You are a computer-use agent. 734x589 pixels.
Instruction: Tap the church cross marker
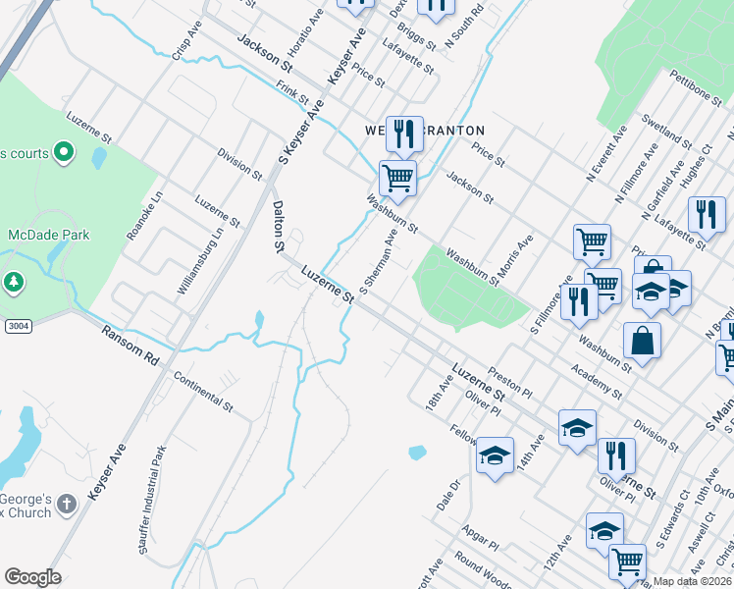point(66,506)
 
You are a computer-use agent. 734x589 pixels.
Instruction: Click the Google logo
point(32,577)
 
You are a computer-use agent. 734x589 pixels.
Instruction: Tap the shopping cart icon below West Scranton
point(397,179)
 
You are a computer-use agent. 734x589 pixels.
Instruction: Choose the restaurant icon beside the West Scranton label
point(404,133)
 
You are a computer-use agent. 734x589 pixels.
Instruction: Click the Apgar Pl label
point(480,536)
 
